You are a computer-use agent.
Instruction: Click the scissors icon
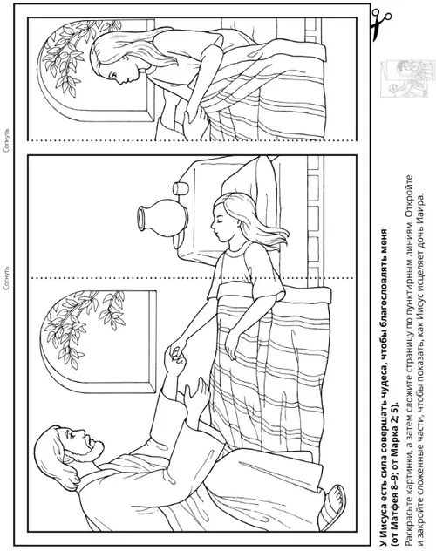click(380, 24)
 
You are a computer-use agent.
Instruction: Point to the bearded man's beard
click(96, 451)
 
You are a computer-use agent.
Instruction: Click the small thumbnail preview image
click(405, 78)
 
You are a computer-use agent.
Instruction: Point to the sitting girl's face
click(112, 71)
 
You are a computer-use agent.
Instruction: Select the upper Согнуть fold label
click(7, 140)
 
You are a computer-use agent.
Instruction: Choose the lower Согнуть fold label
click(7, 278)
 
